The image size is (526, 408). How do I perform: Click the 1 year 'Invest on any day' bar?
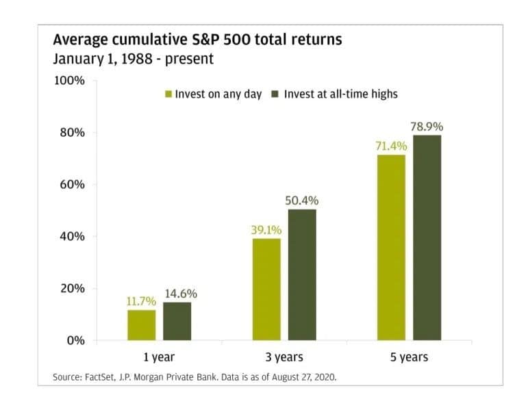[141, 325]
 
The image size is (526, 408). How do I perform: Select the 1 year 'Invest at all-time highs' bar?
[177, 321]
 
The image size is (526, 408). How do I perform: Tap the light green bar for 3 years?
[266, 289]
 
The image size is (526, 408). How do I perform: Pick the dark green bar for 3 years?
[302, 275]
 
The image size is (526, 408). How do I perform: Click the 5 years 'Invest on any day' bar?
[391, 247]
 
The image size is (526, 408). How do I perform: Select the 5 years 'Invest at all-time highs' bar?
[427, 238]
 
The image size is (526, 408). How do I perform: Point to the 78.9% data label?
[427, 127]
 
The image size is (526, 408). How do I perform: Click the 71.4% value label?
[391, 146]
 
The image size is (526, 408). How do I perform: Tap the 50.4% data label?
[302, 201]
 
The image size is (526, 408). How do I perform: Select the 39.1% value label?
[266, 230]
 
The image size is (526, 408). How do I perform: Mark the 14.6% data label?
[181, 294]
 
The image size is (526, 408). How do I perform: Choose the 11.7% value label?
[141, 301]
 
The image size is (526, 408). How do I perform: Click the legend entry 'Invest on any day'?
[213, 94]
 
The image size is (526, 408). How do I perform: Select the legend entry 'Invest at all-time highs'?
[338, 94]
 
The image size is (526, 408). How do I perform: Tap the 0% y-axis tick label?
[75, 340]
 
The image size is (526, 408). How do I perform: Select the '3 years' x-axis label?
[284, 357]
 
